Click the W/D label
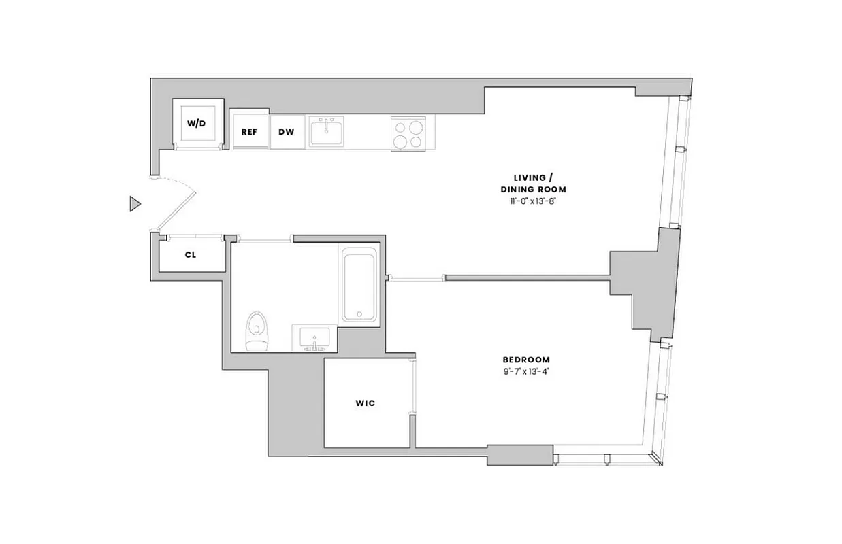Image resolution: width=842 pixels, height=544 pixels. coord(196,124)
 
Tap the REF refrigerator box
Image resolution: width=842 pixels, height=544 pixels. coord(249,131)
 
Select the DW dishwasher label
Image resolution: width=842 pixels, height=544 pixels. coord(287,131)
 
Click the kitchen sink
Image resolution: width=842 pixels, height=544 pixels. coord(327,131)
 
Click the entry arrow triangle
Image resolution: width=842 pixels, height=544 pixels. coord(135,203)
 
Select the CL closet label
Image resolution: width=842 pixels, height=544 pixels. coord(191,256)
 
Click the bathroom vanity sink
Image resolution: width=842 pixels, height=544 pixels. coord(312,338)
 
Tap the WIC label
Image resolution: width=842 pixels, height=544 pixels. coord(365,403)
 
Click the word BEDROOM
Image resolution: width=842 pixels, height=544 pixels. coord(526,360)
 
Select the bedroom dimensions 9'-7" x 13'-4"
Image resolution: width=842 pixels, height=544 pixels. coord(526,372)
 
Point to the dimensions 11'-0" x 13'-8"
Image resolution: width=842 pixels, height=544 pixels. coord(533,202)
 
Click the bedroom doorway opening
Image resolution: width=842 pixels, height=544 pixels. coord(417,277)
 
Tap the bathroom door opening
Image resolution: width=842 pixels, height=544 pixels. coord(264,239)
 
